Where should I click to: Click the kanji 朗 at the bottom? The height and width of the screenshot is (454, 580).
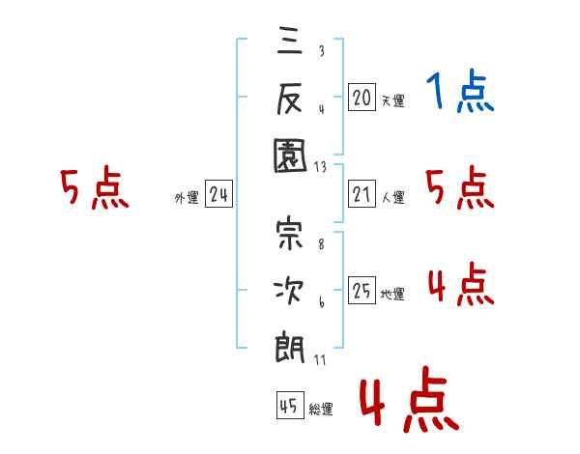[290, 344]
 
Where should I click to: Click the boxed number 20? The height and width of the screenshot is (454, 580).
[362, 97]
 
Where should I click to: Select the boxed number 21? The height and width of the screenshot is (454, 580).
[362, 195]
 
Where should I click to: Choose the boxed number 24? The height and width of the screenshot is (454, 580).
[218, 195]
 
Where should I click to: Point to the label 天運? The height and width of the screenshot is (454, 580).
[392, 100]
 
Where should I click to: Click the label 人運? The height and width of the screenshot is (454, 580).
[392, 198]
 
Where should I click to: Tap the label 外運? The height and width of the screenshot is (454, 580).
[187, 198]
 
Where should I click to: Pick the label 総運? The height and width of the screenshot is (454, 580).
[321, 410]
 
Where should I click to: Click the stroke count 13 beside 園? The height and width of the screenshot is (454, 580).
[321, 166]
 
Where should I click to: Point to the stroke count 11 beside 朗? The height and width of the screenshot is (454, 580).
[321, 359]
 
